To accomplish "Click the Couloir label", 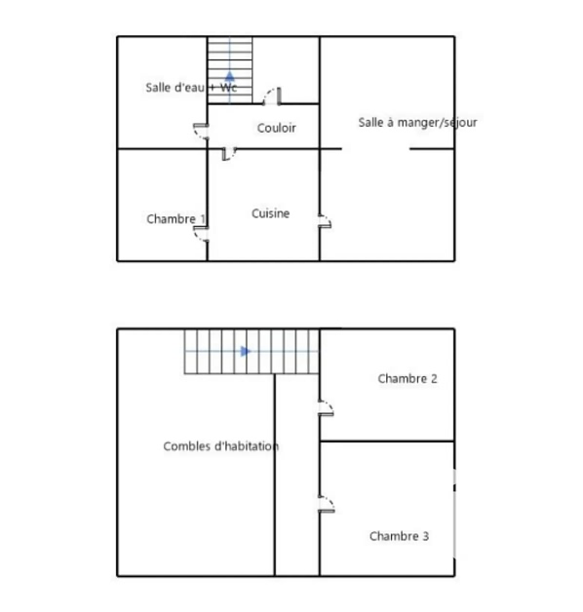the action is (x=277, y=128).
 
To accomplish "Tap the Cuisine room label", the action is (x=271, y=213).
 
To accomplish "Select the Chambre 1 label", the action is (x=176, y=219).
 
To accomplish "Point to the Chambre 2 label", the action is (x=408, y=378).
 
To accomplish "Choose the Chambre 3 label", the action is (x=399, y=536).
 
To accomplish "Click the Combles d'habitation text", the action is (x=221, y=446).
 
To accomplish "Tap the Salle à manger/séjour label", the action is (x=417, y=123).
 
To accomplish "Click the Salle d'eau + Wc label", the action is (x=191, y=88).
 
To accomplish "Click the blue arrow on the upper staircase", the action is (x=230, y=76).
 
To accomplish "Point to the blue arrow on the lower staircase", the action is (x=246, y=351).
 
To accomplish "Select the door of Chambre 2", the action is (x=326, y=408).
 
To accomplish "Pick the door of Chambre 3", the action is (x=327, y=504).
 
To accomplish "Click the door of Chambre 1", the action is (x=201, y=234).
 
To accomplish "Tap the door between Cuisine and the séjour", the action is (x=325, y=221).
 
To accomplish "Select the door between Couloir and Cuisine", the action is (x=229, y=154).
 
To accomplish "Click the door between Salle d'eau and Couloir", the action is (x=201, y=132).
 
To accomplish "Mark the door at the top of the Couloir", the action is (x=272, y=96).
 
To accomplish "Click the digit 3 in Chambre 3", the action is (x=426, y=536).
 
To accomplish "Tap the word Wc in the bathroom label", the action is (x=229, y=88).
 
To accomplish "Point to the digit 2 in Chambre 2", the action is (x=434, y=378).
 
